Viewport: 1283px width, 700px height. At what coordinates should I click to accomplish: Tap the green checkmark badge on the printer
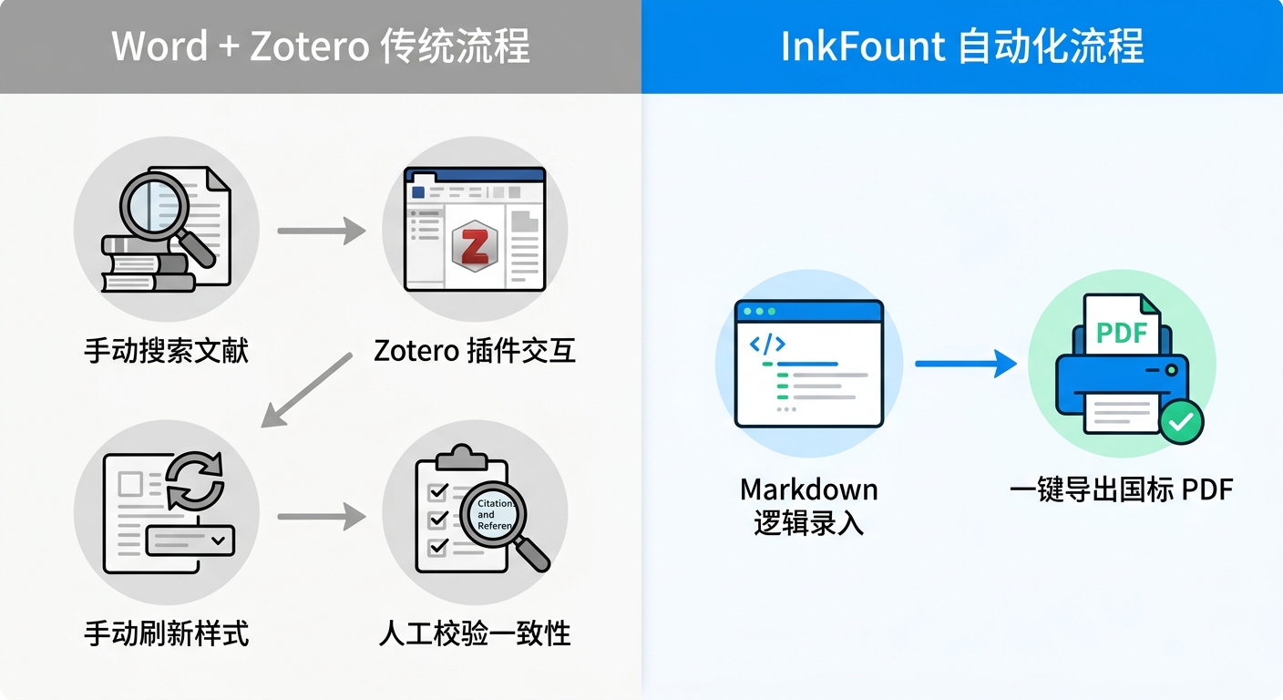(x=1182, y=421)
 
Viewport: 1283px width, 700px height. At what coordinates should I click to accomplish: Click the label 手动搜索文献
(x=166, y=351)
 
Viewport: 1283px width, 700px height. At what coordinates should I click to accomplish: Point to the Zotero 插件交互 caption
(x=475, y=351)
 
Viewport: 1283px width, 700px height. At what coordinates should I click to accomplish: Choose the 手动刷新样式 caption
(x=166, y=633)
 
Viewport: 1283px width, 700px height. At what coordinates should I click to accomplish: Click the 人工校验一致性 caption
(x=475, y=633)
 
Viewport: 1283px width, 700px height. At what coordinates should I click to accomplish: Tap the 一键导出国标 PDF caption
(x=1121, y=489)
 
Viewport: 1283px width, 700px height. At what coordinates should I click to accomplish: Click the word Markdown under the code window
(x=808, y=489)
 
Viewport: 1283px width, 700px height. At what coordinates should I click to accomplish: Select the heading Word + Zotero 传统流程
(x=321, y=46)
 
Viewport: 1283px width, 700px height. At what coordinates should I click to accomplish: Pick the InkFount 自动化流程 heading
(x=962, y=46)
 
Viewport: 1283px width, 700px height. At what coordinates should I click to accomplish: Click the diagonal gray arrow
(x=307, y=390)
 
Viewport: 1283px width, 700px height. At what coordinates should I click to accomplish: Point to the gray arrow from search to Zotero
(x=321, y=232)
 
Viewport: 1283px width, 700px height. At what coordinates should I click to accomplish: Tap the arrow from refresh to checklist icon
(x=321, y=517)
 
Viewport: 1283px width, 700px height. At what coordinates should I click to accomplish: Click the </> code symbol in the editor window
(x=766, y=345)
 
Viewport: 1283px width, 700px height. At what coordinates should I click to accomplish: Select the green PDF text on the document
(x=1122, y=333)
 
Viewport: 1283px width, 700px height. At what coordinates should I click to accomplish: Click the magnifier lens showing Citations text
(x=497, y=514)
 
